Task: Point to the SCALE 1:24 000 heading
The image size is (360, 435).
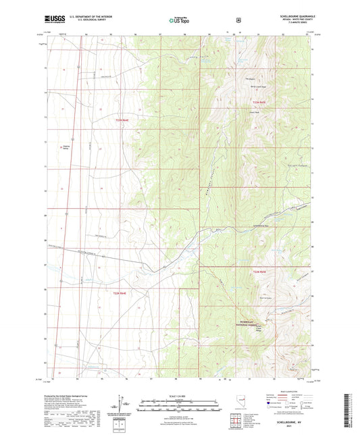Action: [179, 395]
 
